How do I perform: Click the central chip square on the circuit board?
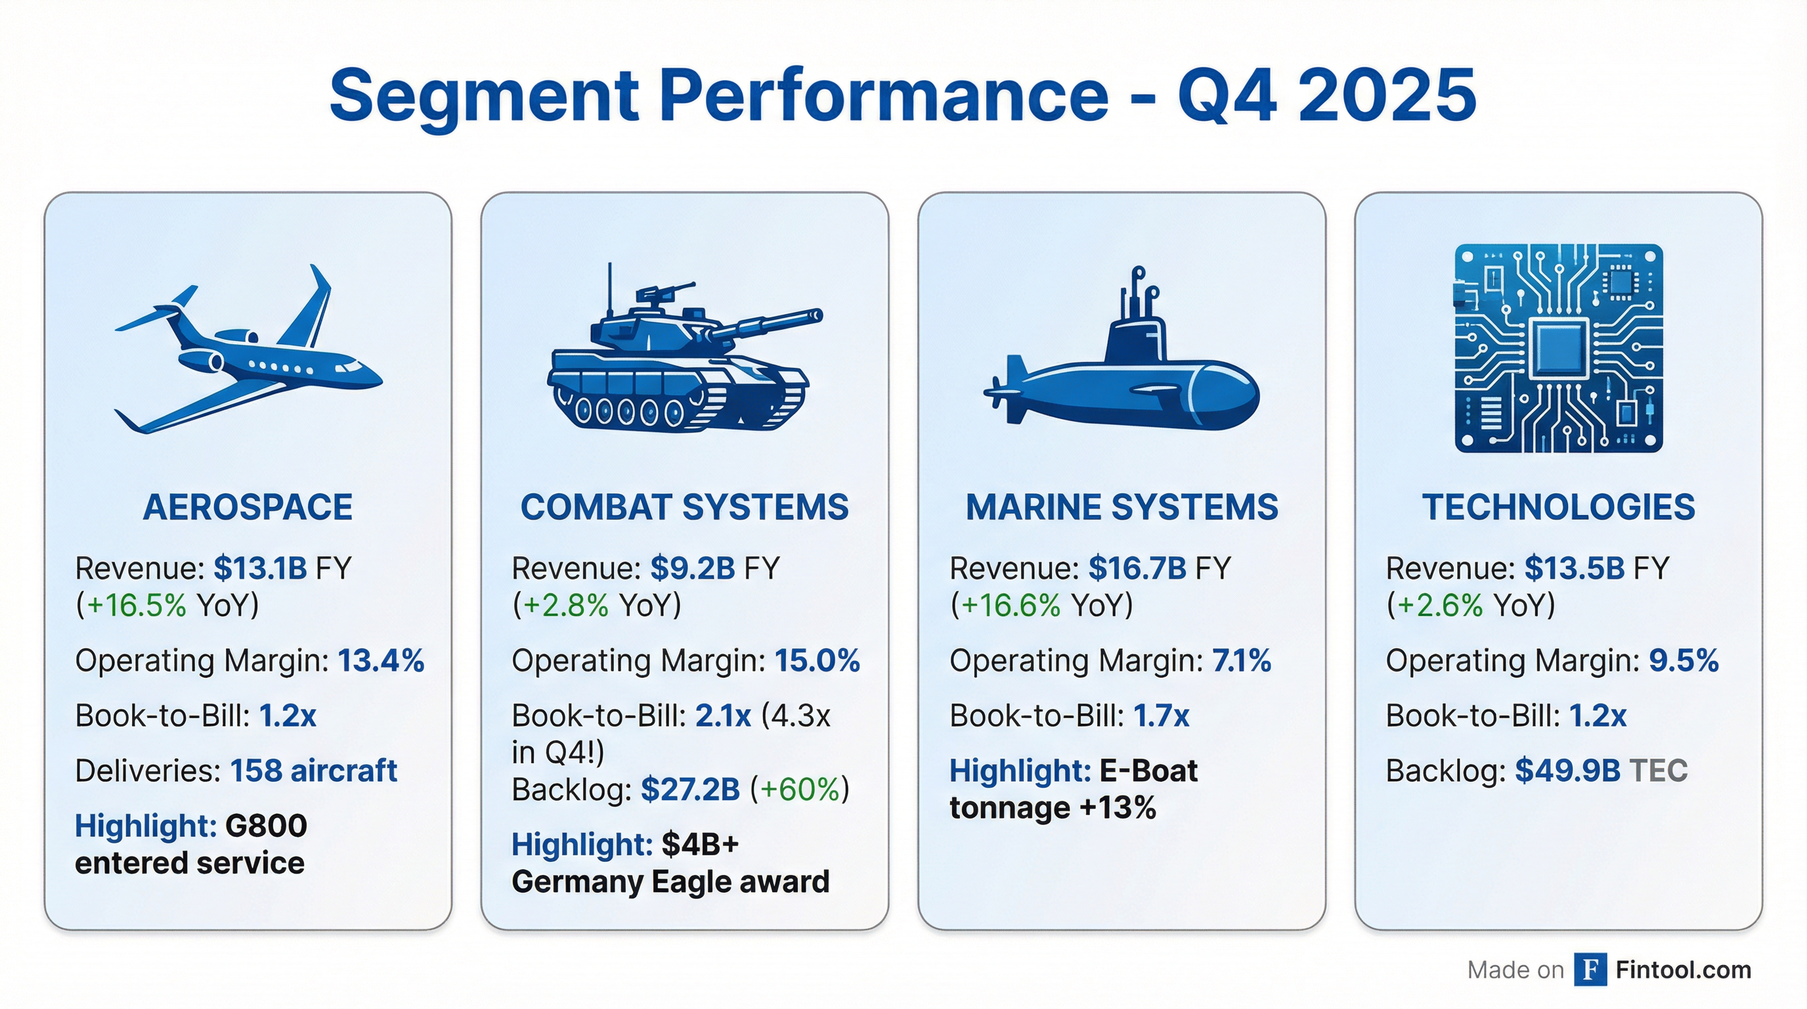click(x=1558, y=348)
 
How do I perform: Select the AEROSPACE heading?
click(x=248, y=507)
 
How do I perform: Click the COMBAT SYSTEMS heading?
click(x=684, y=507)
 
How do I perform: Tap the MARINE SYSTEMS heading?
click(x=1121, y=507)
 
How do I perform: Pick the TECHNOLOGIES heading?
click(x=1558, y=507)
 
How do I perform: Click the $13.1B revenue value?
click(x=260, y=568)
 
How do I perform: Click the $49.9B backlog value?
click(x=1567, y=771)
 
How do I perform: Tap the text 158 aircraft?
click(x=314, y=771)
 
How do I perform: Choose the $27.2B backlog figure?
click(x=690, y=790)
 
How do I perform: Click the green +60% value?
click(x=800, y=790)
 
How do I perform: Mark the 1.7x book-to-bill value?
click(x=1161, y=717)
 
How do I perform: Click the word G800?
click(x=266, y=826)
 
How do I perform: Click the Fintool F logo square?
click(x=1590, y=970)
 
